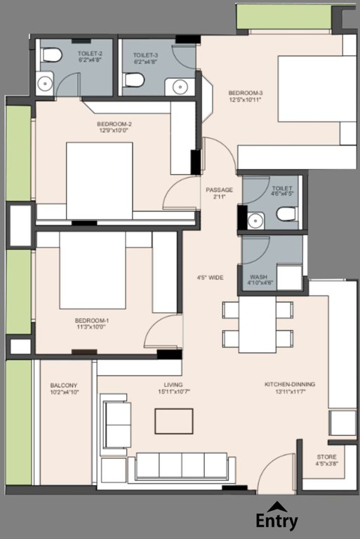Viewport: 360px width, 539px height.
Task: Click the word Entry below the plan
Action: coord(276,521)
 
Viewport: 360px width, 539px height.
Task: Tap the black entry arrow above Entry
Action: coord(277,505)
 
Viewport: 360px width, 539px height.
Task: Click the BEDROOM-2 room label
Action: coord(114,124)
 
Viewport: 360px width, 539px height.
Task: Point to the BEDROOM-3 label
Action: coord(245,93)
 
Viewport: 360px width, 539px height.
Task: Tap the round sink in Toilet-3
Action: coord(178,86)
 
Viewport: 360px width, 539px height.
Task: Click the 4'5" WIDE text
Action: coord(211,278)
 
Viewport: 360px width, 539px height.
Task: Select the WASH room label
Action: coord(258,277)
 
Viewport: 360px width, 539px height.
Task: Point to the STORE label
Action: coord(326,457)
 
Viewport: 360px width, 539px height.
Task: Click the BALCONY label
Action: coord(63,385)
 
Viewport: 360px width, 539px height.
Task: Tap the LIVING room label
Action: coord(173,385)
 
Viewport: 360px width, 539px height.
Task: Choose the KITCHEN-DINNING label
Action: coord(289,385)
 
